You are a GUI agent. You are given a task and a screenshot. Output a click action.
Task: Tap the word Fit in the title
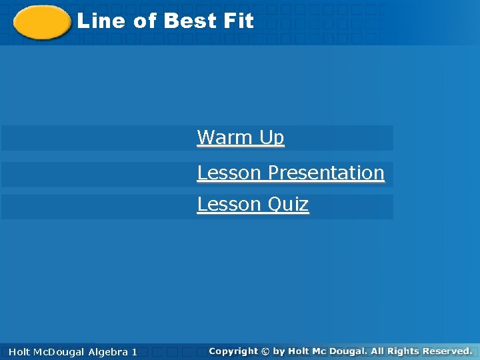[x=239, y=21]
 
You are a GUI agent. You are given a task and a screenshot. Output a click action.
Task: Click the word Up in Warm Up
[x=272, y=138]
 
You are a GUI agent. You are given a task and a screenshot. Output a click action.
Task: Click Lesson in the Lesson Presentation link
[x=229, y=173]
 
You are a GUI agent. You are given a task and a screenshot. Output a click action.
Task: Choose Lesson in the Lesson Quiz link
[x=229, y=204]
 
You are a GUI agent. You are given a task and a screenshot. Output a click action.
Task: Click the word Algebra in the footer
[x=107, y=351]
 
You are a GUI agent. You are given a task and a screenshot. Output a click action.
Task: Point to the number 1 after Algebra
[x=135, y=351]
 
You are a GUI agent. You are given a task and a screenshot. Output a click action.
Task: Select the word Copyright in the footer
[x=233, y=351]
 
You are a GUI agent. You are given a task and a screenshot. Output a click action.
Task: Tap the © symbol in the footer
[x=266, y=351]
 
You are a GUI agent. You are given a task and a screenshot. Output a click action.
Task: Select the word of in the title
[x=145, y=21]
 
